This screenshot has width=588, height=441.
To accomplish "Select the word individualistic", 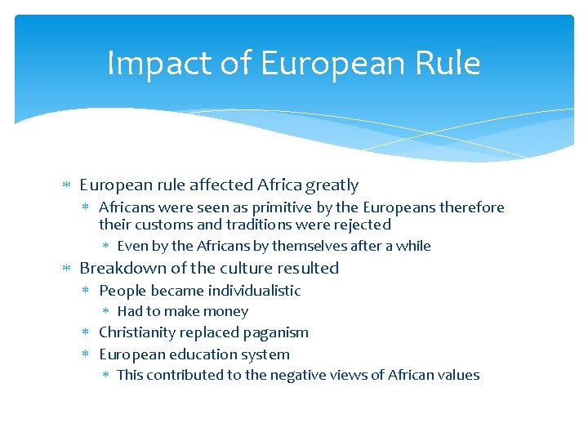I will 254,291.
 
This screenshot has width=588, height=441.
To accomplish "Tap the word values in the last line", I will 459,375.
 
